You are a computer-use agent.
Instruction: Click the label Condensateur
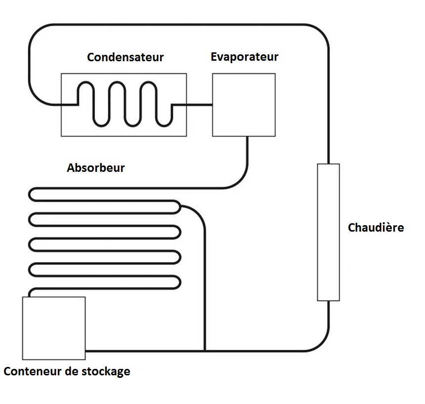pos(125,57)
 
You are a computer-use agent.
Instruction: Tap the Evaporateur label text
pos(244,57)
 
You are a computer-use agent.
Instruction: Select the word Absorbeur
pos(96,168)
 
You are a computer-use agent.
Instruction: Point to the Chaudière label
pos(376,228)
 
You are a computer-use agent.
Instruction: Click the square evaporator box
pos(244,105)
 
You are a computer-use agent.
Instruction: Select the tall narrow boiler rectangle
pos(328,232)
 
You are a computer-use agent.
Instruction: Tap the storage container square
pos(54,328)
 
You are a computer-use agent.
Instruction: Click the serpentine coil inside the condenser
pos(124,104)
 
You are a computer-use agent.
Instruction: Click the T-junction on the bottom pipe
pos(204,351)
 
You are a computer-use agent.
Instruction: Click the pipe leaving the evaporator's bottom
pos(246,158)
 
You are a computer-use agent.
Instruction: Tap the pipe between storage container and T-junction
pos(143,351)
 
